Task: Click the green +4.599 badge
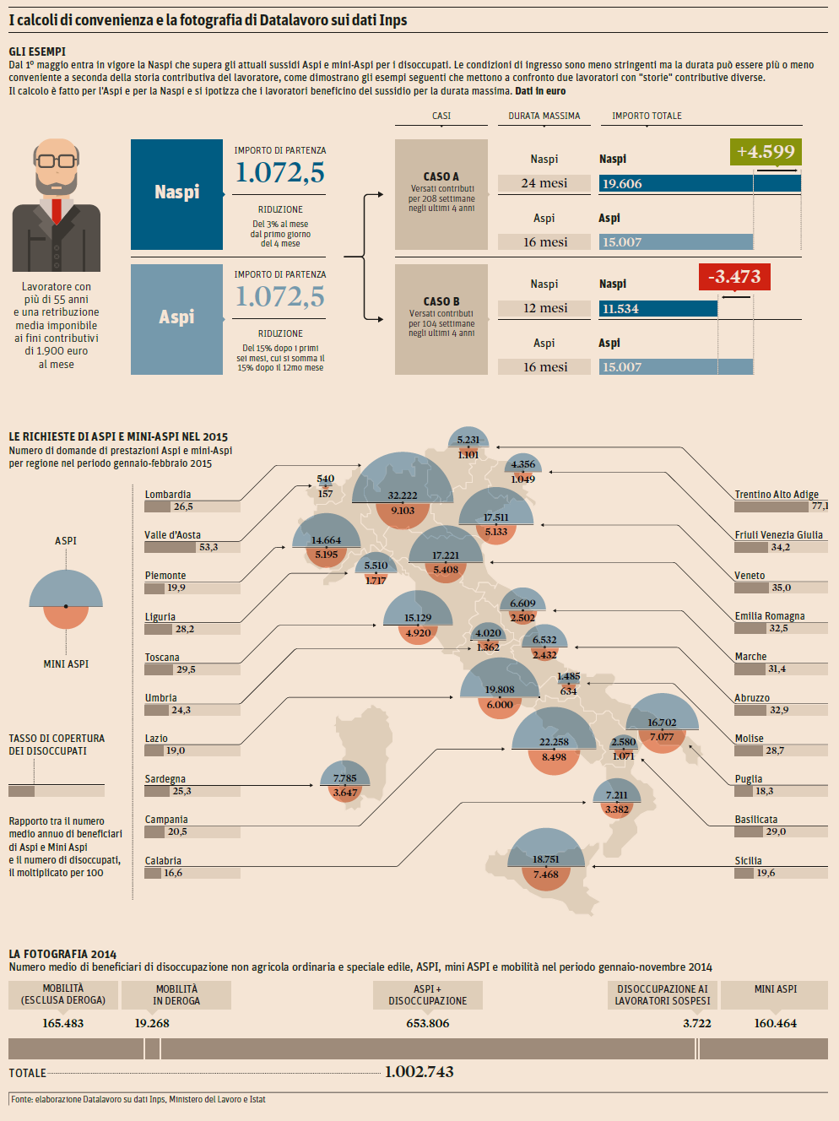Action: [x=766, y=152]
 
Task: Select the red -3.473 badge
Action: [x=734, y=277]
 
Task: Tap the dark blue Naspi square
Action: [x=176, y=193]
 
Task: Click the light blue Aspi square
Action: [x=176, y=318]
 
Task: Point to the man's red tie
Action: [x=57, y=209]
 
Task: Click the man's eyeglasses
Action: [x=56, y=160]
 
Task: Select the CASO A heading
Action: [x=441, y=176]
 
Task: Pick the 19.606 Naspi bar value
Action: [x=622, y=184]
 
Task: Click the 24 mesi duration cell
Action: [x=544, y=183]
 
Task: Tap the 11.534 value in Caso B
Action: [x=620, y=309]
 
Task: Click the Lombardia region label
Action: [x=168, y=495]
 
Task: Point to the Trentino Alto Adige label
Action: [x=777, y=495]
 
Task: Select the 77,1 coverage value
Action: [x=819, y=506]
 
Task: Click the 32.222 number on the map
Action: [x=403, y=496]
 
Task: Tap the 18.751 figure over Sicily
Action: [x=546, y=859]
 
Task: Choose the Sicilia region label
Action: [x=748, y=861]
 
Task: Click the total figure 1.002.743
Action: [x=419, y=1072]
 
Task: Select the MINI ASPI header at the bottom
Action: [x=776, y=989]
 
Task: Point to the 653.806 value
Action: [x=428, y=1023]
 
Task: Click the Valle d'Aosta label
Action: [x=172, y=535]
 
